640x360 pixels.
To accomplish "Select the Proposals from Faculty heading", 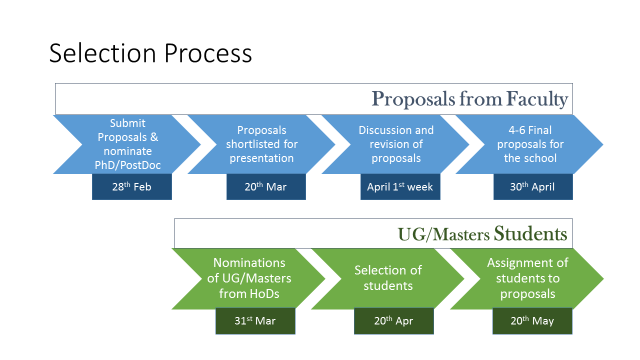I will tap(470, 99).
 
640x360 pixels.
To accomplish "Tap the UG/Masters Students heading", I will tap(483, 234).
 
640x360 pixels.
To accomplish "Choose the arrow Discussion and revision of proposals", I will tap(396, 144).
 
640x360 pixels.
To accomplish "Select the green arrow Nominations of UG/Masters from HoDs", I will tap(246, 277).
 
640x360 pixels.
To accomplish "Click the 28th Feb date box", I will tap(132, 187).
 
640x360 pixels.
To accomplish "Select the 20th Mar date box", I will tap(265, 187).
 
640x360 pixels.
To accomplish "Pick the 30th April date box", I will tap(533, 187).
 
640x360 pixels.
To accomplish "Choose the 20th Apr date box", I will tap(393, 321).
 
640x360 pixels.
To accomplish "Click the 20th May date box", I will tap(531, 321).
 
